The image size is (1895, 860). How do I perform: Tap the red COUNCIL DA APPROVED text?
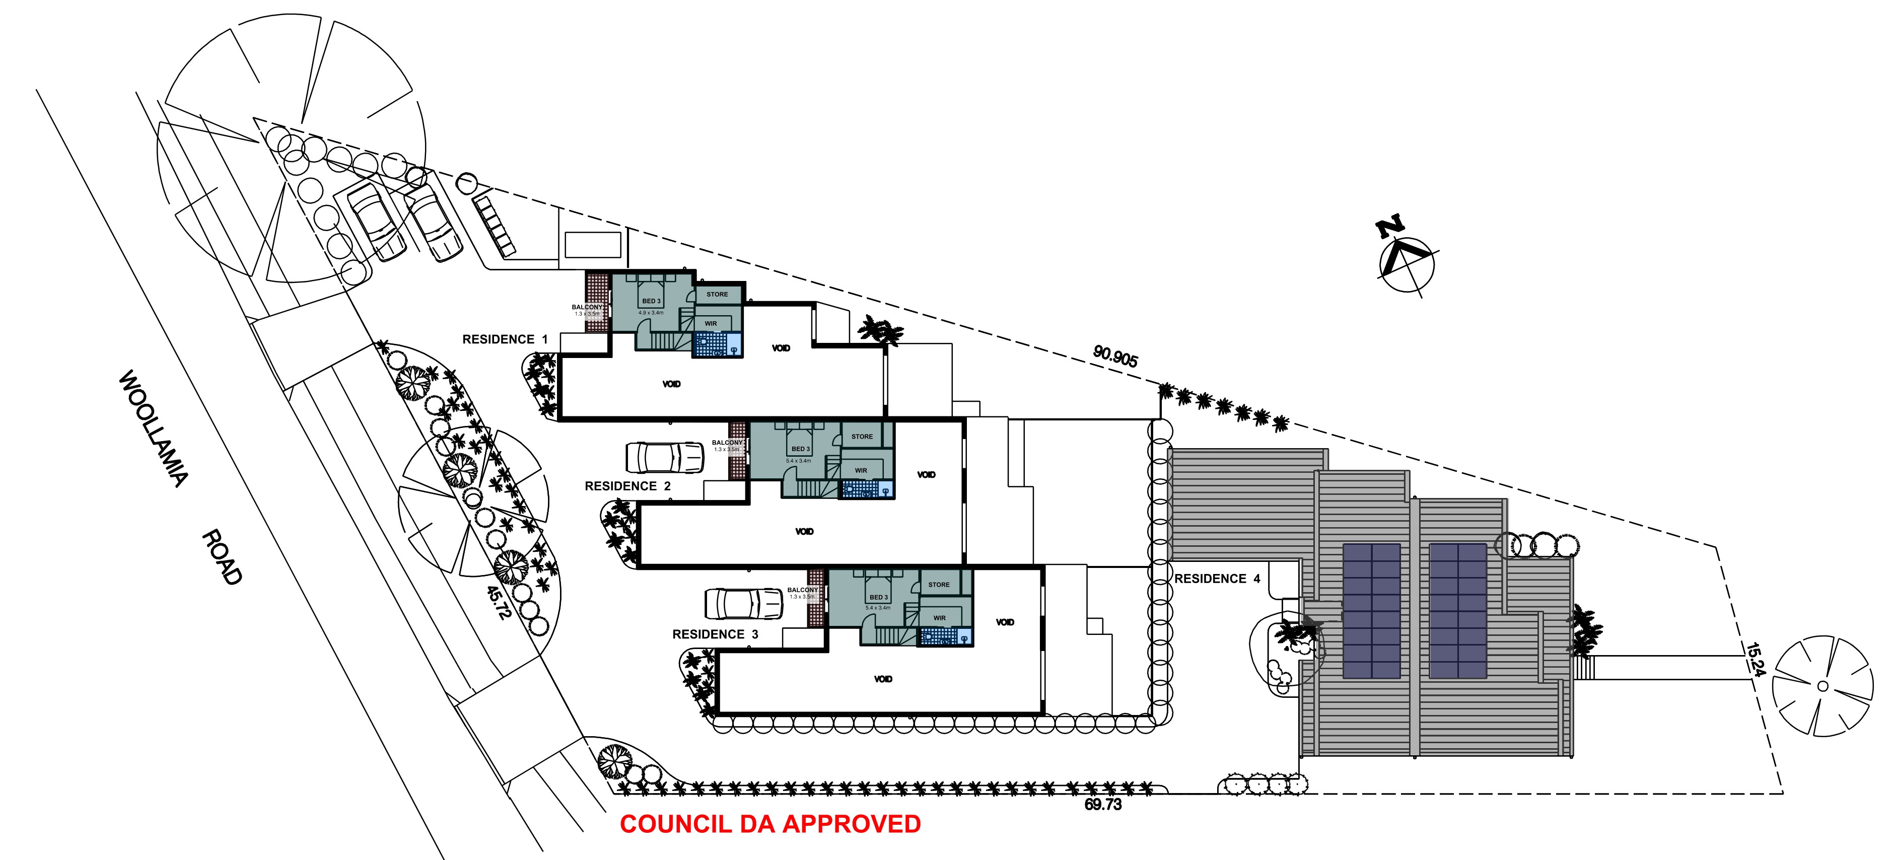tap(770, 824)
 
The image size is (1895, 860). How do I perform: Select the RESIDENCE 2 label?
tap(627, 486)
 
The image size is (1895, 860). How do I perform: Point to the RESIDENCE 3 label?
tap(715, 634)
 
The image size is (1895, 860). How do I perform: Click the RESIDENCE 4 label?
tap(1217, 579)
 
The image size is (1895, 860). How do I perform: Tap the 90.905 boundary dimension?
tap(1115, 356)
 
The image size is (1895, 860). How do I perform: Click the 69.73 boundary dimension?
tap(1103, 805)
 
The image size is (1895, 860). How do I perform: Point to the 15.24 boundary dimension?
tap(1754, 660)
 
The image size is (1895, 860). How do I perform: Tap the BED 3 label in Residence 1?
tap(651, 301)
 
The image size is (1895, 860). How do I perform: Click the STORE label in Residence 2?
tap(862, 436)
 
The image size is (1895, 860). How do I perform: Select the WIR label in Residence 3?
tap(939, 618)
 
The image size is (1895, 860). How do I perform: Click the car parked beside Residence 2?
tap(664, 457)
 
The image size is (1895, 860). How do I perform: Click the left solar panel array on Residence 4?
tap(1371, 611)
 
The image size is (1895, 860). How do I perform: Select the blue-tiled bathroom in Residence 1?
tap(717, 345)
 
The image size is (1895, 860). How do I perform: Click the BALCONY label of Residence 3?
tap(803, 590)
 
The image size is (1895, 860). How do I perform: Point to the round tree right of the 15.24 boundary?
tap(1822, 686)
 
